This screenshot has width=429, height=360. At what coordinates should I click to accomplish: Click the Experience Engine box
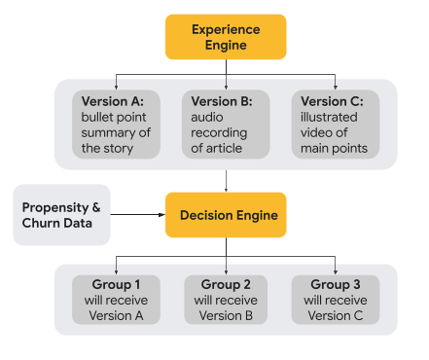point(226,37)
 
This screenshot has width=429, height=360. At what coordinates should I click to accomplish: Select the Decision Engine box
point(226,215)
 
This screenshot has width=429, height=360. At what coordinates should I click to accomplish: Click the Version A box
point(117,124)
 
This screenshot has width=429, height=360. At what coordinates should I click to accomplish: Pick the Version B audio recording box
point(226,124)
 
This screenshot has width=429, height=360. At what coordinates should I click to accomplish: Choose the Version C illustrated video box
point(336,124)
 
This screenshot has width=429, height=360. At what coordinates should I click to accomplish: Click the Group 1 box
point(117,300)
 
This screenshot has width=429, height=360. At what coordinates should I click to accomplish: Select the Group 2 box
point(226,300)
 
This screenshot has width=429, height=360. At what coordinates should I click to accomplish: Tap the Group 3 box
point(336,300)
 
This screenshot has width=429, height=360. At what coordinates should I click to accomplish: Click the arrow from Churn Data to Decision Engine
point(137,215)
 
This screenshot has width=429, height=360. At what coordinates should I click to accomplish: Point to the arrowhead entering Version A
point(117,86)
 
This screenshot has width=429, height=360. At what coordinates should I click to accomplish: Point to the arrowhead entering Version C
point(336,86)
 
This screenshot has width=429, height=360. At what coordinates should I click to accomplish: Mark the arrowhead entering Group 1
point(117,271)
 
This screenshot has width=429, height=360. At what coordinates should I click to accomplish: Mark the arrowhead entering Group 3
point(336,271)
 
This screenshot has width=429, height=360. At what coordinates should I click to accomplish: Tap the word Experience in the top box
point(226,29)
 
